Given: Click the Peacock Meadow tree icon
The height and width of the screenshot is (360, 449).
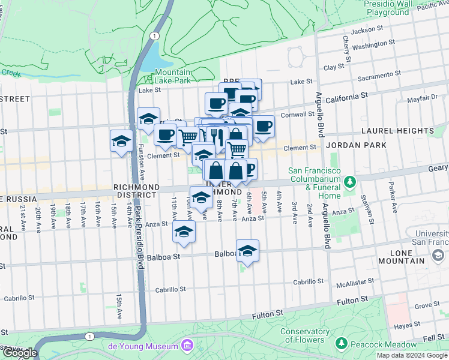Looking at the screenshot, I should [x=342, y=344].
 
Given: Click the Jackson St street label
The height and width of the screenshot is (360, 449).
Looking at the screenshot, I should [x=367, y=29].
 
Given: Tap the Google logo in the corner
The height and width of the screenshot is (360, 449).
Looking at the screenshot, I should [x=19, y=353].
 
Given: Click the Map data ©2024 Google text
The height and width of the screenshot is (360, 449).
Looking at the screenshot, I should [x=412, y=355].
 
